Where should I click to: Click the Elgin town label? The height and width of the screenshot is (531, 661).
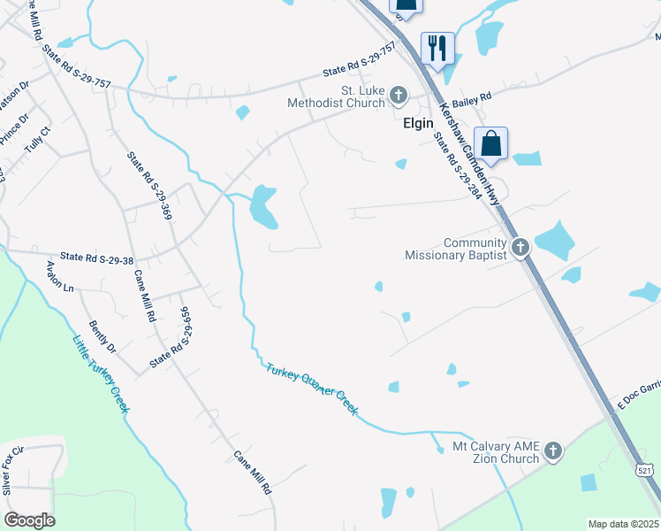[417, 123]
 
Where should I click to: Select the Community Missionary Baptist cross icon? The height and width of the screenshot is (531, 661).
[520, 247]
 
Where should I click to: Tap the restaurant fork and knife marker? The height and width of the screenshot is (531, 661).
[437, 47]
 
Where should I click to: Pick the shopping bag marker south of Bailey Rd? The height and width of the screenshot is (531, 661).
[490, 143]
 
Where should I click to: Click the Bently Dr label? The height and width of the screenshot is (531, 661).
[103, 337]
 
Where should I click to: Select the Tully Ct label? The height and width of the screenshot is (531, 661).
[39, 142]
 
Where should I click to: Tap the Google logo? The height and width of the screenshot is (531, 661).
[29, 520]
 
